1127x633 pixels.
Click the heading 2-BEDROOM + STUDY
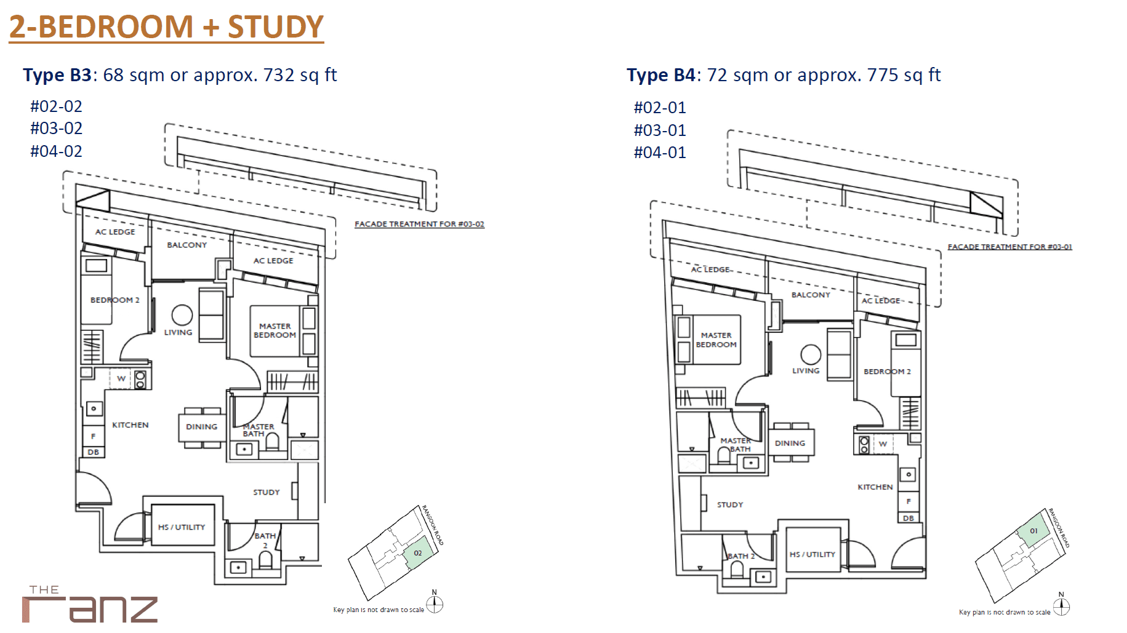[166, 26]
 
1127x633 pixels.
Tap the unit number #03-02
[56, 129]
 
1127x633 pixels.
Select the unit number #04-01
[660, 153]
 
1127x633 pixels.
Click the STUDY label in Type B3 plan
[267, 492]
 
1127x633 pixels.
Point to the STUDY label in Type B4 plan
[730, 504]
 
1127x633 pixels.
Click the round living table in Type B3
[182, 315]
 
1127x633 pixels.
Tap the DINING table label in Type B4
[790, 443]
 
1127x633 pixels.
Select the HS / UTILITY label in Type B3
[182, 527]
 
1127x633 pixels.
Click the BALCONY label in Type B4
[811, 295]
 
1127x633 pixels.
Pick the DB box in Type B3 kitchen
[94, 452]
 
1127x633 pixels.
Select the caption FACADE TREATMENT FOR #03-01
[1010, 247]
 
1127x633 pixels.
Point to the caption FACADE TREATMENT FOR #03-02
[419, 224]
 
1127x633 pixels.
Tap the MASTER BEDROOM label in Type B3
[275, 330]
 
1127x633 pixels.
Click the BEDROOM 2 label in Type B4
[887, 372]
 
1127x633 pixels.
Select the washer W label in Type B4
[883, 444]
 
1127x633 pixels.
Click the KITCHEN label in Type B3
[130, 425]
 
